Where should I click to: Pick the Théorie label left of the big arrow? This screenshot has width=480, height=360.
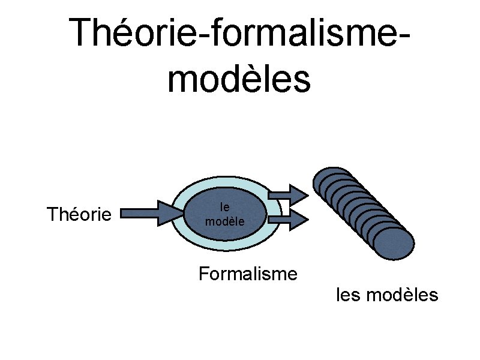click(x=79, y=214)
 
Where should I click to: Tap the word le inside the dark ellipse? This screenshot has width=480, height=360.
click(x=225, y=208)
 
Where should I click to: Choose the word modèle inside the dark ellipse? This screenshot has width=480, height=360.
click(x=224, y=221)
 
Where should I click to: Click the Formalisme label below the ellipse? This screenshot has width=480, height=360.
click(x=248, y=274)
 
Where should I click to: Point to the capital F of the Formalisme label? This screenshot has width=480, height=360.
click(x=203, y=274)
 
